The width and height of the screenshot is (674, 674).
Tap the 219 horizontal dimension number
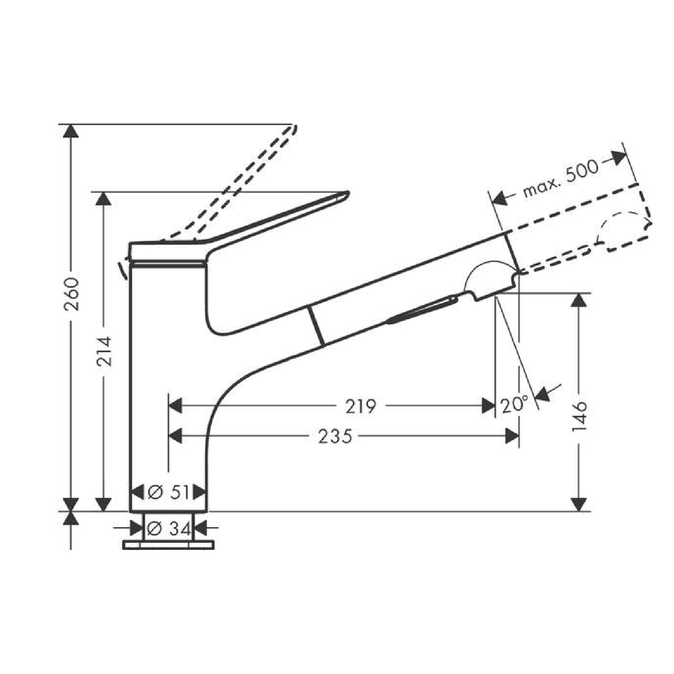click(360, 406)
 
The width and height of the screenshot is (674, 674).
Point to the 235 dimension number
click(335, 436)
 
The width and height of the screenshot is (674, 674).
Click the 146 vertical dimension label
click(579, 416)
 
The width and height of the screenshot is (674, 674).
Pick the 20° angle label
click(514, 405)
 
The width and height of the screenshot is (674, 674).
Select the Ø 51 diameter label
click(168, 493)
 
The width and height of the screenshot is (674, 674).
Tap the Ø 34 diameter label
click(168, 528)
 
